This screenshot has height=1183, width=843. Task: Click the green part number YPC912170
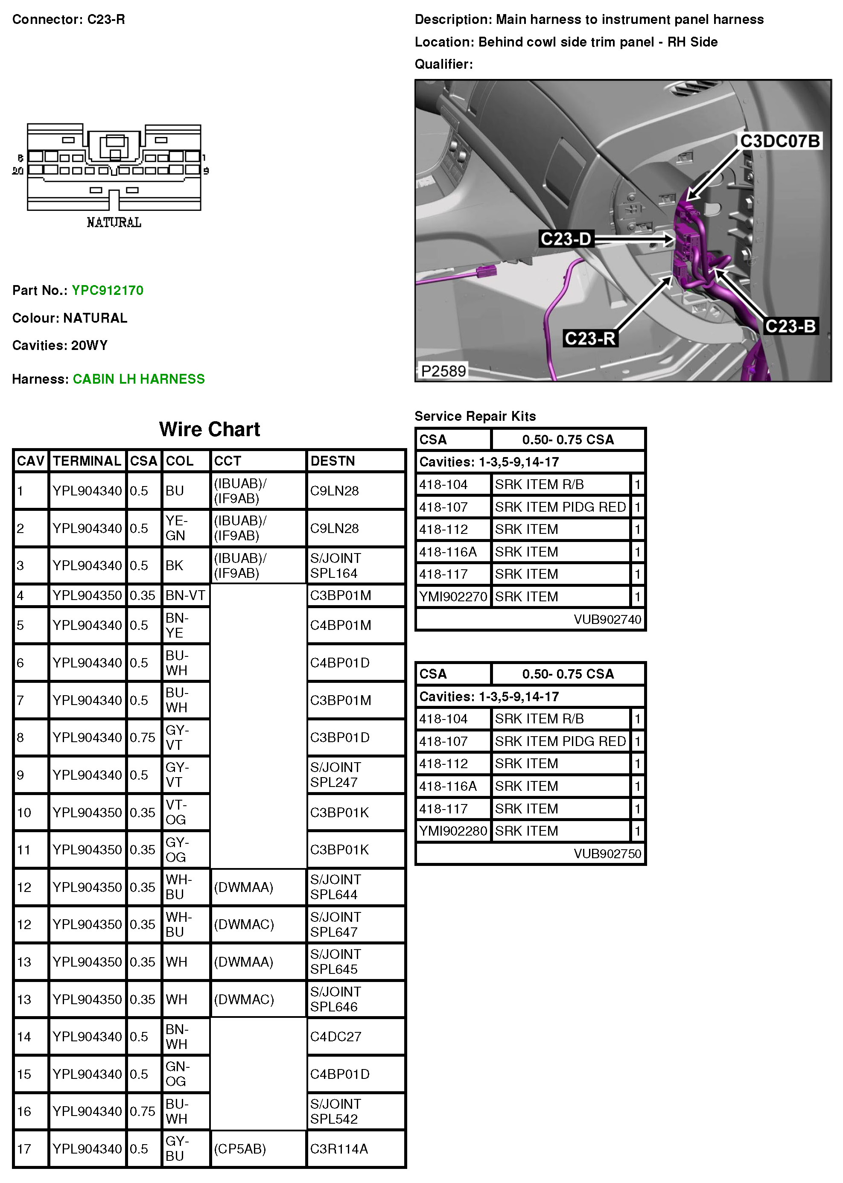pyautogui.click(x=108, y=290)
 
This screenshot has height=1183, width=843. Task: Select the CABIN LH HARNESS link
pyautogui.click(x=139, y=379)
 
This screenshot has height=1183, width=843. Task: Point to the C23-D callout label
pyautogui.click(x=566, y=239)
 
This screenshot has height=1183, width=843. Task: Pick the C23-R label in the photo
pyautogui.click(x=590, y=338)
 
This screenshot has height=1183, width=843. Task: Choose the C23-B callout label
pyautogui.click(x=790, y=326)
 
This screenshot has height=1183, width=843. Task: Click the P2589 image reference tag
pyautogui.click(x=443, y=371)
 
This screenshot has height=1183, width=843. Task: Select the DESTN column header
pyautogui.click(x=333, y=461)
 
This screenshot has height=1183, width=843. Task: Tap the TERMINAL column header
pyautogui.click(x=87, y=461)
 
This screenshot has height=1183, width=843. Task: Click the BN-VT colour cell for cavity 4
pyautogui.click(x=185, y=595)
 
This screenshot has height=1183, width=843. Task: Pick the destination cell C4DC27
pyautogui.click(x=335, y=1037)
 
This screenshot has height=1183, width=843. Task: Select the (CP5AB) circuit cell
pyautogui.click(x=240, y=1149)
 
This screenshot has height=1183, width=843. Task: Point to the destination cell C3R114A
pyautogui.click(x=339, y=1149)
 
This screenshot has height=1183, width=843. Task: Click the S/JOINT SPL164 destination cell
pyautogui.click(x=335, y=565)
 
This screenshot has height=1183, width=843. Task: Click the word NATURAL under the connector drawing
pyautogui.click(x=114, y=223)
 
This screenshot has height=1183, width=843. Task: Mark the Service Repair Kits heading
pyautogui.click(x=475, y=416)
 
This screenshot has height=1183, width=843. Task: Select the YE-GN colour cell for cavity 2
pyautogui.click(x=176, y=528)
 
